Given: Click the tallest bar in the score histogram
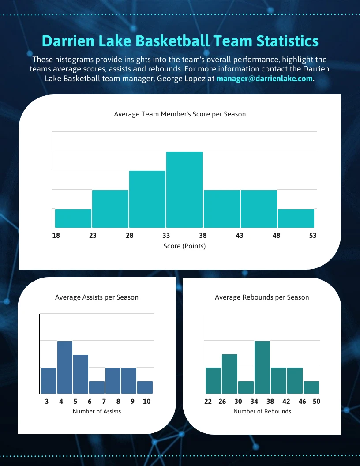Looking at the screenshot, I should [184, 190].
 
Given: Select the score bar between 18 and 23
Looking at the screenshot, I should [73, 218].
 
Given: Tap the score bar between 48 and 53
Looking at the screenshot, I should [296, 218].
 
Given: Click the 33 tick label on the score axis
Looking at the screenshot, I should [166, 236].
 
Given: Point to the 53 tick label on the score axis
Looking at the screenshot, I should [312, 236].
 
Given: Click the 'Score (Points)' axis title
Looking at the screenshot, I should [184, 246].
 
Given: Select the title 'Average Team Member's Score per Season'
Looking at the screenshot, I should [180, 114].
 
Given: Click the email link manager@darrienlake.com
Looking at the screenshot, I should [264, 79].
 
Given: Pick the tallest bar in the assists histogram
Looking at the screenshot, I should [65, 367].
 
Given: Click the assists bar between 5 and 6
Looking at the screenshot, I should [81, 374].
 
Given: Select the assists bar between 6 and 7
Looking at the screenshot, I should [97, 387].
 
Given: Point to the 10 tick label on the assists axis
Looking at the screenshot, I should [146, 402].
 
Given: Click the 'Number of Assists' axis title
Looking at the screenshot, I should [97, 411].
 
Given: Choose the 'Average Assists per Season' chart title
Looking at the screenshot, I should [97, 297].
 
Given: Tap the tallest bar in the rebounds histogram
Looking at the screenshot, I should [262, 367].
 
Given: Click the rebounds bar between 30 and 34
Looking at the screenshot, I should [246, 387].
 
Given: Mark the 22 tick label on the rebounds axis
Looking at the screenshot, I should [208, 402].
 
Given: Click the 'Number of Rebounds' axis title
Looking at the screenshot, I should [262, 411].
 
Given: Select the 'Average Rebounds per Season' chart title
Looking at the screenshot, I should [262, 297].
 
